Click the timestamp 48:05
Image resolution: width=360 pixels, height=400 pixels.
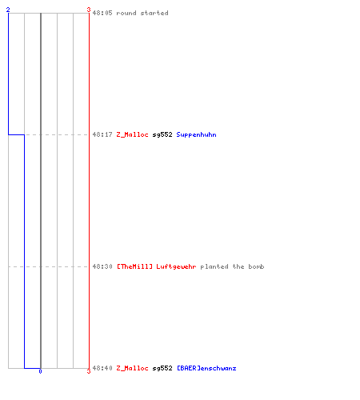coord(102,13)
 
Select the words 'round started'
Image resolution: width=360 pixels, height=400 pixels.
coord(142,13)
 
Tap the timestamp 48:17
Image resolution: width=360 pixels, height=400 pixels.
coord(102,134)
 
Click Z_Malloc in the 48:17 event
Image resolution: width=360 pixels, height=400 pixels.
coord(132,134)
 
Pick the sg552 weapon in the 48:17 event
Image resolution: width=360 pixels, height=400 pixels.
coord(162,135)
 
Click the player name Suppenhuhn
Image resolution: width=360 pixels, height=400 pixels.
coord(196,135)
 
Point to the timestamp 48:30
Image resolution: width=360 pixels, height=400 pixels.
coord(102,266)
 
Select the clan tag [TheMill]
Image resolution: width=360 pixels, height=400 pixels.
coord(134,266)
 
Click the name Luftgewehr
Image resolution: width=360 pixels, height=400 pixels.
coord(176,266)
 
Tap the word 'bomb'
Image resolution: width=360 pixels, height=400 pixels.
coord(256,266)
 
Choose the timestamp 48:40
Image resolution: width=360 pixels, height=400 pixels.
coord(102,368)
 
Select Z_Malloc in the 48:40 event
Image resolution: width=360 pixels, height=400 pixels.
coord(132,368)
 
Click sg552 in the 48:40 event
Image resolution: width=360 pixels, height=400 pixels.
coord(162,369)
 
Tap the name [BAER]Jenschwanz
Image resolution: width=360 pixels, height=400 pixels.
coord(206,368)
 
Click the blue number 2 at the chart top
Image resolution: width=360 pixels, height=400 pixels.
coord(8,10)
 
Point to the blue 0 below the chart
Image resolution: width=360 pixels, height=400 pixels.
coord(40,371)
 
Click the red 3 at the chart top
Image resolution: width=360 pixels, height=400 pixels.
coord(89,10)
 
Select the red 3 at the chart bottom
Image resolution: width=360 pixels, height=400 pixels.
coord(89,371)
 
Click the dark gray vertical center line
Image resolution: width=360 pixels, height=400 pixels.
coord(41,190)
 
